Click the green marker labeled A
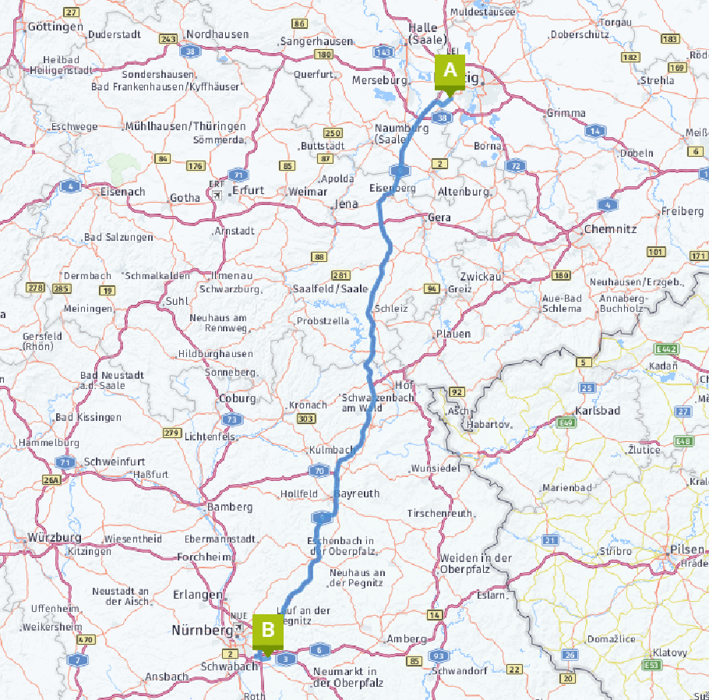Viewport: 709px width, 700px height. pos(450,69)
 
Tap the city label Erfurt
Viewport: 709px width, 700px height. pos(248,190)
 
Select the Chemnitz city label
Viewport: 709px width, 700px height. pos(611,229)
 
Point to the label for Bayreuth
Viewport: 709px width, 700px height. pos(357,493)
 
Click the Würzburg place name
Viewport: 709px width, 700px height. pos(55,538)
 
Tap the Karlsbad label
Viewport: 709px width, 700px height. pos(597,410)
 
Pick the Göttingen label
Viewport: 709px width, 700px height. pos(55,27)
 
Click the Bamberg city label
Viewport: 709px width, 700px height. pos(231,507)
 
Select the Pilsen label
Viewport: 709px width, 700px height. pos(686,550)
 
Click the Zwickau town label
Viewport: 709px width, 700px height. pos(480,277)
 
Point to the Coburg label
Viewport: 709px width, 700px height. pos(237,398)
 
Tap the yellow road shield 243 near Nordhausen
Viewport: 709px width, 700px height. pos(168,38)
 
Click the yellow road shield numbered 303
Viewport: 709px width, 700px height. pos(306,419)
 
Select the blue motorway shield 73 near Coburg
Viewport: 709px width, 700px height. pos(231,419)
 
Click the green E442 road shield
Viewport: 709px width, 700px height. pos(666,348)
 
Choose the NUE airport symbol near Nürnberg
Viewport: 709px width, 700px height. pos(239,615)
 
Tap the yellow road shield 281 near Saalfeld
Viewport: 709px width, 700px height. pos(340,275)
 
